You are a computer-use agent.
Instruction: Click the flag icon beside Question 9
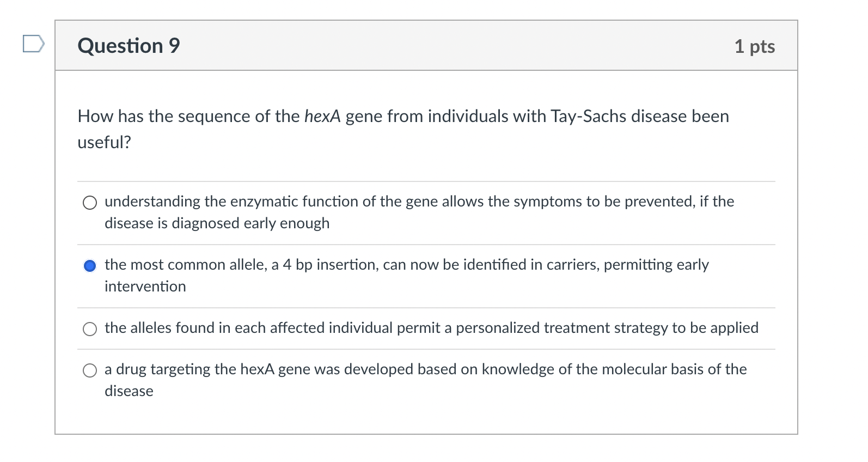click(33, 44)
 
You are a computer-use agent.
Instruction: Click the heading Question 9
click(129, 46)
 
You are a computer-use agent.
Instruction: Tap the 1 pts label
click(754, 46)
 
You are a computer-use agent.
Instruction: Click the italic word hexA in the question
click(322, 116)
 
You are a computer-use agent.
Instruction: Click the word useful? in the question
click(105, 142)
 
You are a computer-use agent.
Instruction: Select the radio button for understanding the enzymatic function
click(90, 203)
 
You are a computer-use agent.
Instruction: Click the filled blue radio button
click(90, 266)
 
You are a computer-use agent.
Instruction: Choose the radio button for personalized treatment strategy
click(90, 329)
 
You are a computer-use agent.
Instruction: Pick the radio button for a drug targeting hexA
click(90, 371)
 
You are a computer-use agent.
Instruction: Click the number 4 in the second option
click(287, 265)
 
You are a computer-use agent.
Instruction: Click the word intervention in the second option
click(145, 287)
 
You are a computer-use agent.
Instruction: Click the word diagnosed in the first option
click(206, 223)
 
